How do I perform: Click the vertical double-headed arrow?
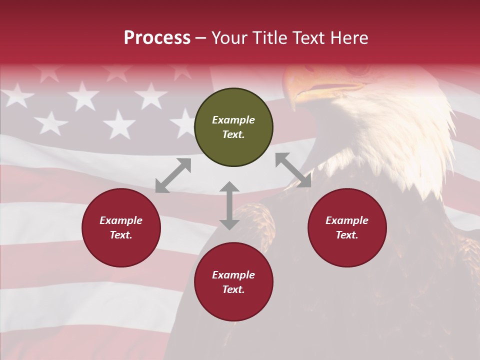pyautogui.click(x=229, y=205)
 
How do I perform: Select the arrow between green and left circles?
pyautogui.click(x=173, y=175)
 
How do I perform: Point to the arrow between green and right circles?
pyautogui.click(x=293, y=170)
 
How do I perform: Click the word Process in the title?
pyautogui.click(x=157, y=37)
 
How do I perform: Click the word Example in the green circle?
pyautogui.click(x=233, y=120)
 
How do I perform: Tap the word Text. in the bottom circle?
pyautogui.click(x=233, y=289)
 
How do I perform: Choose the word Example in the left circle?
pyautogui.click(x=121, y=220)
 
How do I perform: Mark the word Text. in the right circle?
pyautogui.click(x=347, y=235)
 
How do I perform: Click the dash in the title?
pyautogui.click(x=201, y=37)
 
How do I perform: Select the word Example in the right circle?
pyautogui.click(x=347, y=220)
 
